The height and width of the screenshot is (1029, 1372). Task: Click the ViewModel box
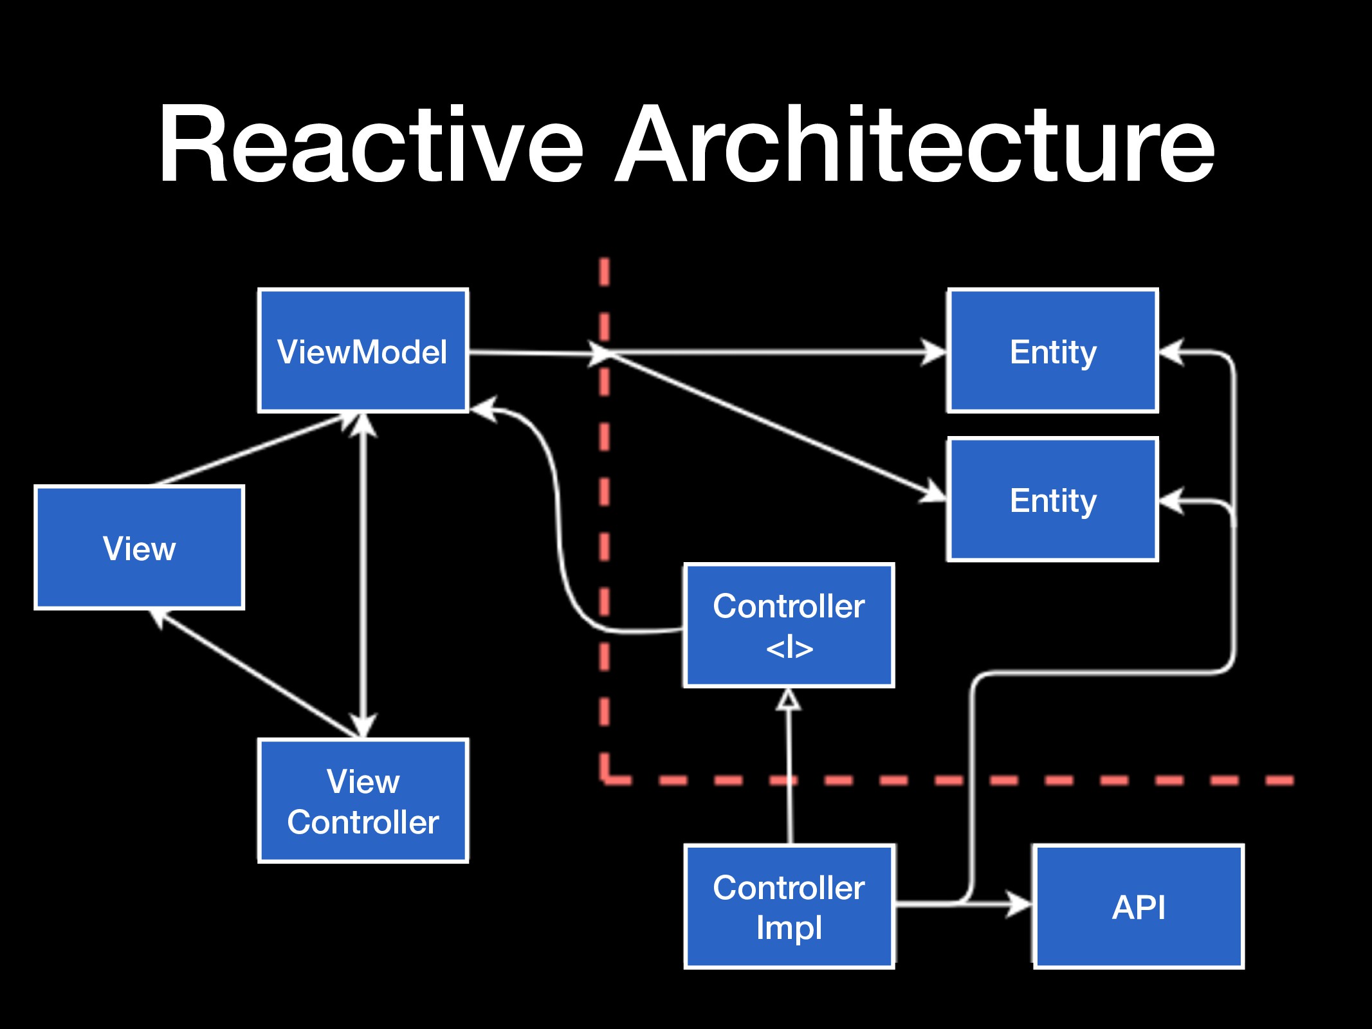363,351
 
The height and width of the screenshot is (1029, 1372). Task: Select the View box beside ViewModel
140,547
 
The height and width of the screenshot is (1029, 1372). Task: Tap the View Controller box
363,801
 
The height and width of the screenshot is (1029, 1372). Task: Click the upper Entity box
1053,351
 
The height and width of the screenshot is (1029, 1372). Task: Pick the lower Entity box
1053,500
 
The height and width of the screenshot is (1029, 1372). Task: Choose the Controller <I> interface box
789,626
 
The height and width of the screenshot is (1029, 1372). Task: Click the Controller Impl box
789,907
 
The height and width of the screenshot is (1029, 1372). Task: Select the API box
1139,907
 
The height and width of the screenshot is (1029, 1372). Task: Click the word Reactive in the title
371,144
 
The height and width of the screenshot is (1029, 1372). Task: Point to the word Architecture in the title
915,144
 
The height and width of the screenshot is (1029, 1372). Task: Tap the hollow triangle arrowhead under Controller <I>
789,700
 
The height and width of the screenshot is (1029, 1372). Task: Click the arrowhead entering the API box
1020,904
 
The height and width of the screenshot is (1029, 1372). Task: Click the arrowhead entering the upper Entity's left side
934,352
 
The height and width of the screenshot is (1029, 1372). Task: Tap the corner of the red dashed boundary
605,780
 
